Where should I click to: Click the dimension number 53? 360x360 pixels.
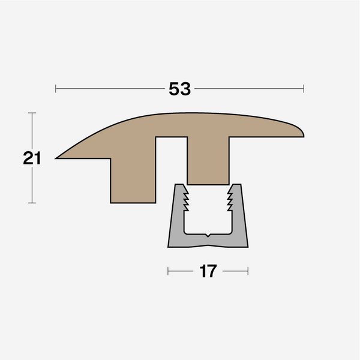179,89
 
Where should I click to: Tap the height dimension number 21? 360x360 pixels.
32,158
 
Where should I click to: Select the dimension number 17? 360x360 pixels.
208,272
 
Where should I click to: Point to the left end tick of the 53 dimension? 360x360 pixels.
56,89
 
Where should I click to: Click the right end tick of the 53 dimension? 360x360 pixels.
304,89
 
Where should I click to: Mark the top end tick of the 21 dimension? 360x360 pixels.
32,113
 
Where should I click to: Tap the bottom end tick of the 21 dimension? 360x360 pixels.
32,203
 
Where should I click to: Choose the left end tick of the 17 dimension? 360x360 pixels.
168,272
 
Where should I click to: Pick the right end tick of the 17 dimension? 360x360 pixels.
248,272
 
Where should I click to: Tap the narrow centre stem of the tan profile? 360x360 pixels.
208,162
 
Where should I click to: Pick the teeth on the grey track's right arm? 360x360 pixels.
230,199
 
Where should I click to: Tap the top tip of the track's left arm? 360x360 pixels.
179,185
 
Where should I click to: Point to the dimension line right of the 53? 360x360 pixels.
249,89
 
